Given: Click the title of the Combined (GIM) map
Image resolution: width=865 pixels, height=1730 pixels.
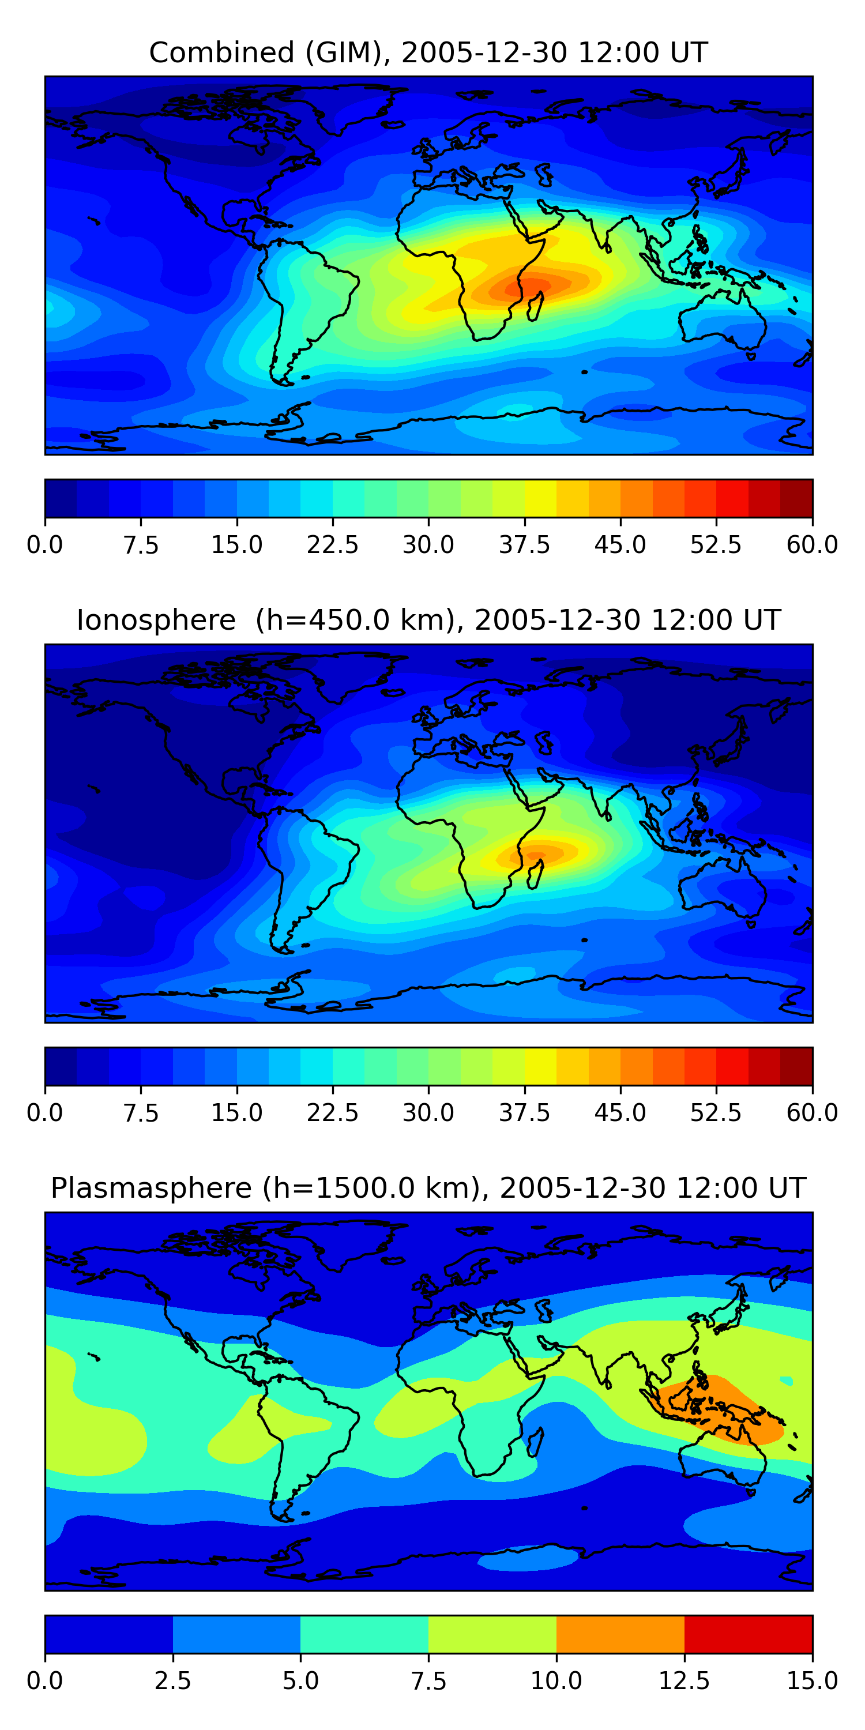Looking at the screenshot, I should (428, 52).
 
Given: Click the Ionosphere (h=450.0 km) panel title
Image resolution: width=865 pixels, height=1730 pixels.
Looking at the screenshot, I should (428, 620).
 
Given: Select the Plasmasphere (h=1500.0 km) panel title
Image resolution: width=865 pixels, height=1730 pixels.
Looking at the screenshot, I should (428, 1188).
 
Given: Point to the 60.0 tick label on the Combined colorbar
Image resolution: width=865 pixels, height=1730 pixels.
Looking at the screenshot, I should (812, 544).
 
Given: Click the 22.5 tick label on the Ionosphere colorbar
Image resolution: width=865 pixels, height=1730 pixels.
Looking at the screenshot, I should (332, 1113).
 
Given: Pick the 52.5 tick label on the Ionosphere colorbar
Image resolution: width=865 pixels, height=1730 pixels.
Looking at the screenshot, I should (716, 1113).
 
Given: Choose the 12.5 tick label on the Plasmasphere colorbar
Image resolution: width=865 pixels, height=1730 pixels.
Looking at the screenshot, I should (685, 1681).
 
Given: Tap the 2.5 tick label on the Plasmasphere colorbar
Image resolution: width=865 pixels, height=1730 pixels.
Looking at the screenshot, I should (172, 1681).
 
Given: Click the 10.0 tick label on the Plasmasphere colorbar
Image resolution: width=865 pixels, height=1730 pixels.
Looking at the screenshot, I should (556, 1681).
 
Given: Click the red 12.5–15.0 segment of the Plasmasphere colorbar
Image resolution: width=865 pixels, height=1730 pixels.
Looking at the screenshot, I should (748, 1634).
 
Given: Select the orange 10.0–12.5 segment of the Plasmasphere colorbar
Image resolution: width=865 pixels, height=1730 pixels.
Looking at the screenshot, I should (620, 1634).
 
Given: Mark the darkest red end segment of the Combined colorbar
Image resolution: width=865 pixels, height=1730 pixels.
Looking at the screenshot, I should (796, 498).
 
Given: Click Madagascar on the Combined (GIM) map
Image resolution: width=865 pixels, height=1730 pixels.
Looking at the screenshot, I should (535, 306).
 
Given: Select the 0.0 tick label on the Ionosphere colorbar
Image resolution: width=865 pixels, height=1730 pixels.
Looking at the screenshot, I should (45, 1113).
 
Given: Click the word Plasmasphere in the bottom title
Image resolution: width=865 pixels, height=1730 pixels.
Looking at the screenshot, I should (151, 1188).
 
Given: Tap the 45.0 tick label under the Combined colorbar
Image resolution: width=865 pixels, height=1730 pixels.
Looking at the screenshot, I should (620, 544).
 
